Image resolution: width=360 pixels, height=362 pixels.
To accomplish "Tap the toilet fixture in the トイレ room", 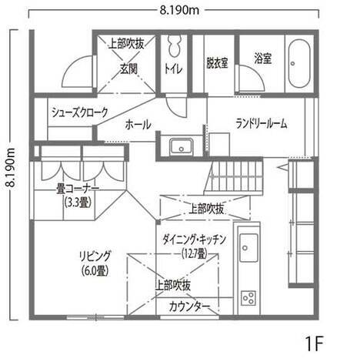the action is point(175,45).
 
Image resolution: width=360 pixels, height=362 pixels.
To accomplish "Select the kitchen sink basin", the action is point(248,248).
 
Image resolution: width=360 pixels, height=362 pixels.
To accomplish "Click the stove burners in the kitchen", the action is point(248,298).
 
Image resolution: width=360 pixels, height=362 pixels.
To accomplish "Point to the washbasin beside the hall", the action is point(182,146).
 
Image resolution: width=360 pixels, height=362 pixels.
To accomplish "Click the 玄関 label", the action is point(128,69).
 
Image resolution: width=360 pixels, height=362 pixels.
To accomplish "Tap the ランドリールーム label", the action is point(262,124).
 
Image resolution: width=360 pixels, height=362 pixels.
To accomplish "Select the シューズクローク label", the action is point(80,112).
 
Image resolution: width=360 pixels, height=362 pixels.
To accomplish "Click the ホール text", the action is point(138,125).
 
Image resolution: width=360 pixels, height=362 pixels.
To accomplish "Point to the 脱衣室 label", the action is point(218,63).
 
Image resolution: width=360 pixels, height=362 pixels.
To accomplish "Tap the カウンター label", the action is point(189,307).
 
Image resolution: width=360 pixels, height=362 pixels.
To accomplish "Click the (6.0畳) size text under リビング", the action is point(95,270).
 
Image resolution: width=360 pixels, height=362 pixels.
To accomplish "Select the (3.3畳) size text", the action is point(78,203).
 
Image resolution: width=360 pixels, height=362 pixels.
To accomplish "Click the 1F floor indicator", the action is point(314,344).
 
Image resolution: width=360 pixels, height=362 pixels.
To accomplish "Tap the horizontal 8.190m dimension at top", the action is point(179,10).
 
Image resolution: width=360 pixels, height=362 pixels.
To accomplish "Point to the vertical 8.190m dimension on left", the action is point(11,167).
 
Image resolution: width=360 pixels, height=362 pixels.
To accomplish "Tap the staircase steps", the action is point(234,176).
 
